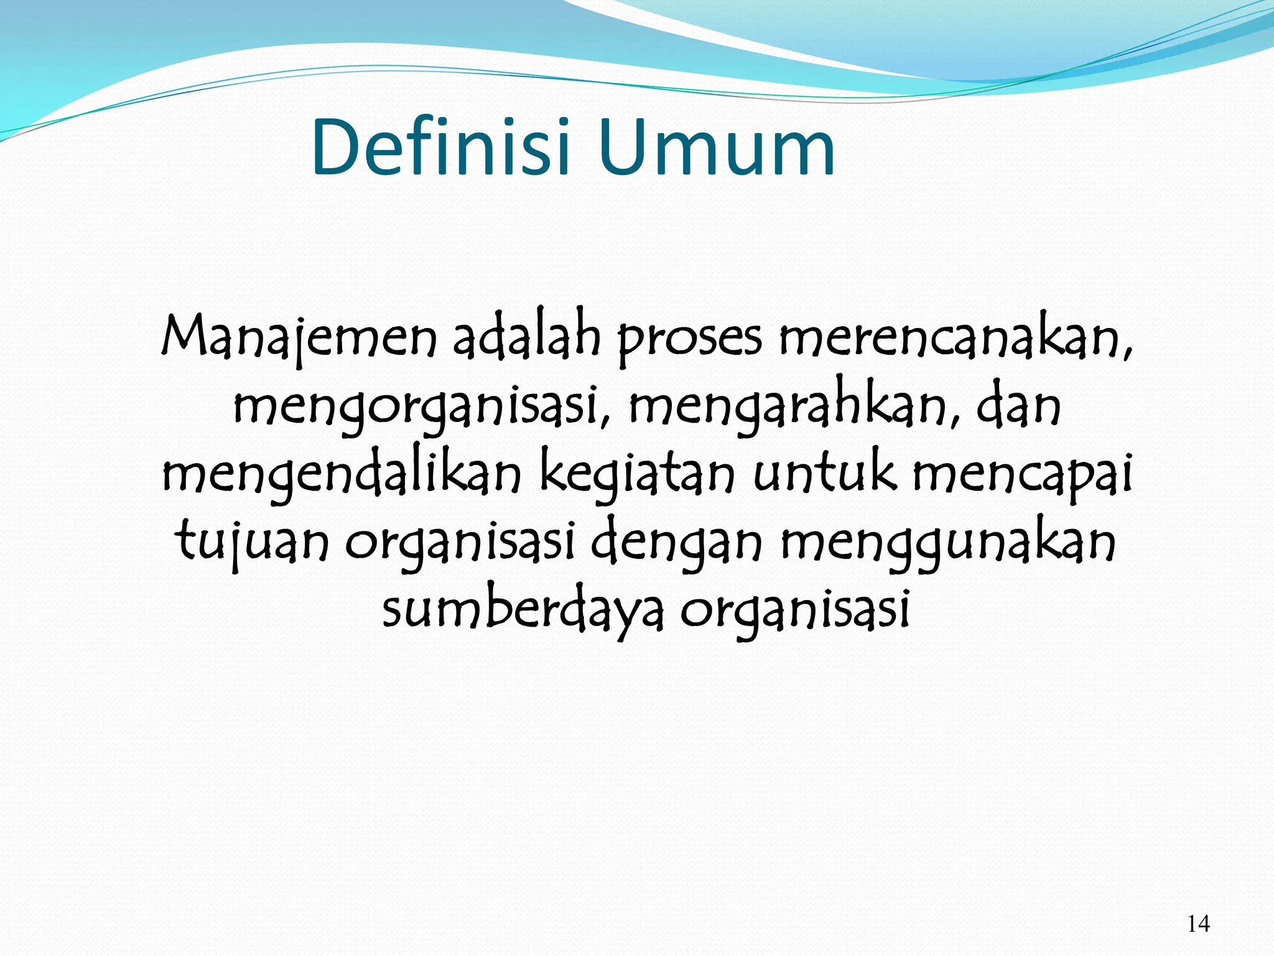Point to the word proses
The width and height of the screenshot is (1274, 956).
689,339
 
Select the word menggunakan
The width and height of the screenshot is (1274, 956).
948,541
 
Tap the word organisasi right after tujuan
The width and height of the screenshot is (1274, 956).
460,541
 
